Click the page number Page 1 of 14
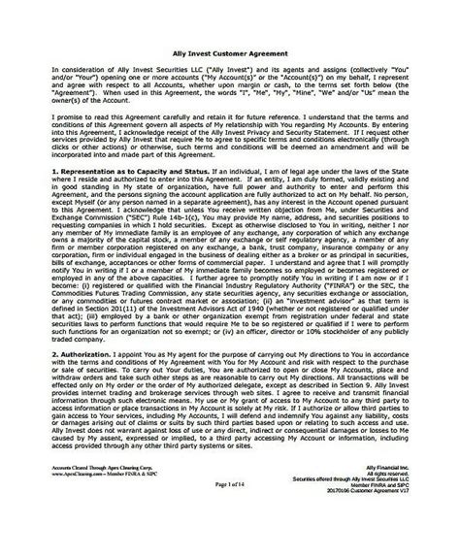pyautogui.click(x=230, y=522)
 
